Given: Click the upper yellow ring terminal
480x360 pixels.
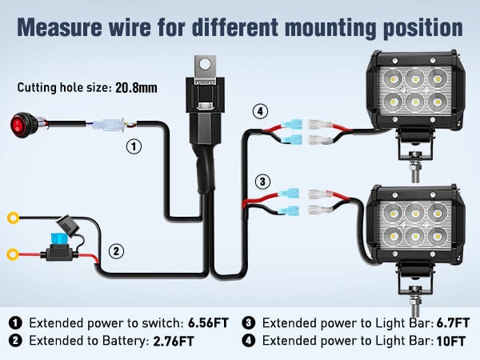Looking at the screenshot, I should pos(14,216).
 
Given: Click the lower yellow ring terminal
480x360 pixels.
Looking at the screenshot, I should pos(14,256).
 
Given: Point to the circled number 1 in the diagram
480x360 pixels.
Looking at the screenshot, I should pos(135,147).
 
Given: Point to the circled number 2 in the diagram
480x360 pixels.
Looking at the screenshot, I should pos(117,251).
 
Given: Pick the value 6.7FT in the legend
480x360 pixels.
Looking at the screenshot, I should pos(441,323).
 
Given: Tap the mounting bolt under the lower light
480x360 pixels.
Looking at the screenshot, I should pos(415,302).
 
